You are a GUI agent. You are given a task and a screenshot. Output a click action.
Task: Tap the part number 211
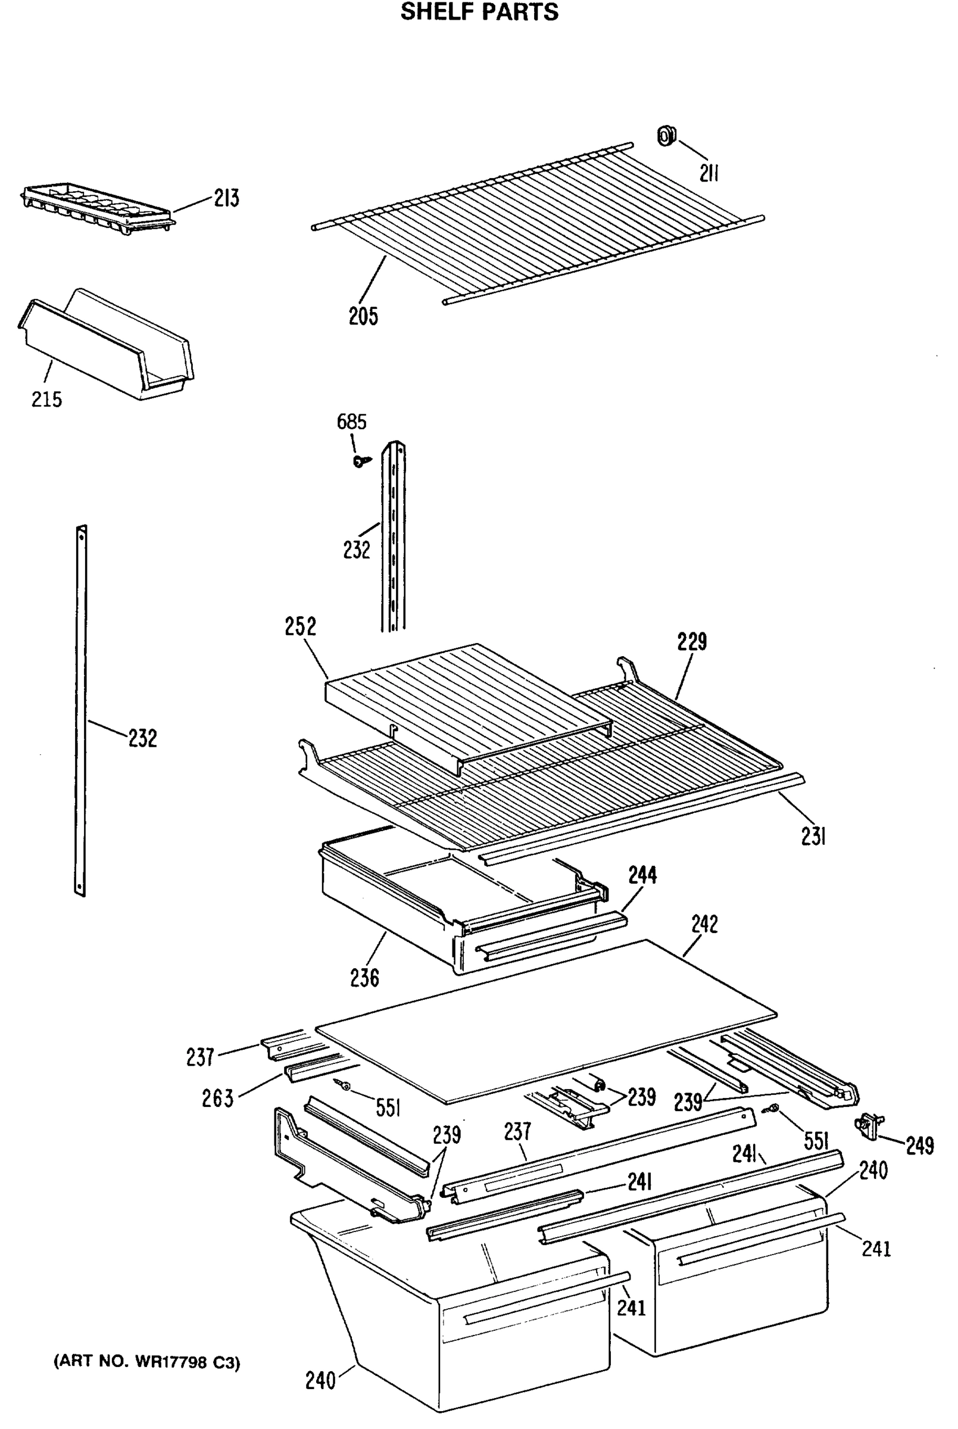709,174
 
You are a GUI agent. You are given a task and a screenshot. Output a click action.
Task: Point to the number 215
47,400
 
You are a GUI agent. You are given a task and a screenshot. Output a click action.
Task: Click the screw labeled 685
360,461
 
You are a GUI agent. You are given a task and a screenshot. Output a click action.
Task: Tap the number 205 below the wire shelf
364,316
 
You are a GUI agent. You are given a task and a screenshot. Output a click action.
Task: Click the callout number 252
301,627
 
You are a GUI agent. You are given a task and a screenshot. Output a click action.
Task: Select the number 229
692,642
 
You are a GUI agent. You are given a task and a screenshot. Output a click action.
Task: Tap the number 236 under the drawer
365,978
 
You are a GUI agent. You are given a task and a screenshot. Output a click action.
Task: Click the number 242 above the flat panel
704,924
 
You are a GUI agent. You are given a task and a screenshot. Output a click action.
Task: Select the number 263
218,1099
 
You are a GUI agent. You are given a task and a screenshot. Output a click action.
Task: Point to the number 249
920,1146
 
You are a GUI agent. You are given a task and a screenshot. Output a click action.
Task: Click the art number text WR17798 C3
147,1362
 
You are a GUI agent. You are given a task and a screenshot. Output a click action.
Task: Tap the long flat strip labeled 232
80,709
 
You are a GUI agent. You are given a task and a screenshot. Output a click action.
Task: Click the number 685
352,422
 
